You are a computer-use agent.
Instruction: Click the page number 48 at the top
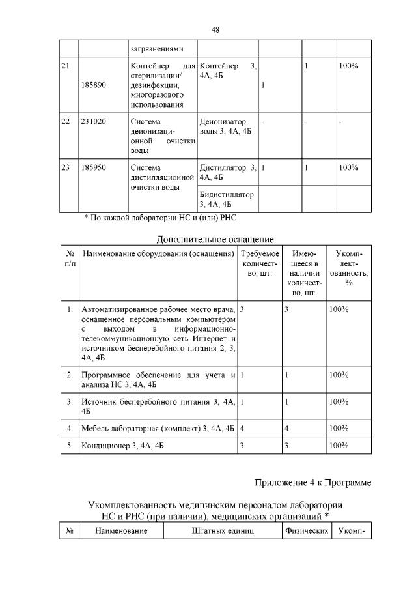click(x=215, y=29)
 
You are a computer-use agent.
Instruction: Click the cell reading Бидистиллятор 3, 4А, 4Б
click(x=228, y=199)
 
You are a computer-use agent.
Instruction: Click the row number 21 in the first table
click(x=65, y=66)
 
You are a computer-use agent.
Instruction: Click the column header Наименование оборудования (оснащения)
click(x=158, y=253)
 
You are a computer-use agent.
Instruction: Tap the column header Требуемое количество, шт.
click(x=260, y=263)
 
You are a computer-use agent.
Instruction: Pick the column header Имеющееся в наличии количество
click(x=304, y=273)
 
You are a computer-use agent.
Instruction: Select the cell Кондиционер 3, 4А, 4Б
click(x=122, y=446)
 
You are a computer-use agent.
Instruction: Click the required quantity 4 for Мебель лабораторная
click(x=242, y=428)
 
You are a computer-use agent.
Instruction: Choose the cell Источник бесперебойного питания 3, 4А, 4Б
click(x=158, y=406)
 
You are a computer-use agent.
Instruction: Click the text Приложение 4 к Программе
click(x=312, y=483)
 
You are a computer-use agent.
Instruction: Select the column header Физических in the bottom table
click(x=305, y=531)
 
